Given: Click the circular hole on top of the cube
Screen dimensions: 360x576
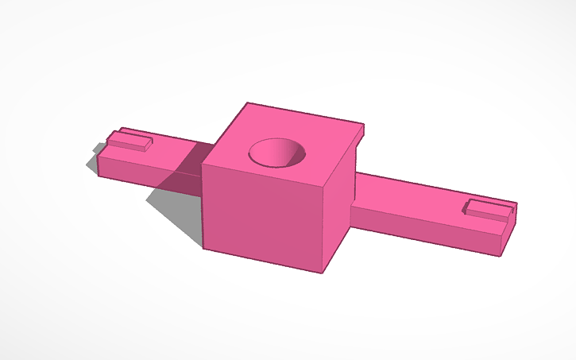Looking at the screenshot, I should (x=276, y=151).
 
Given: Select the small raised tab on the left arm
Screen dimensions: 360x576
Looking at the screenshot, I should (x=130, y=141).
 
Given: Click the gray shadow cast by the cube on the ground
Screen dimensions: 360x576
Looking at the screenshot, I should (x=179, y=211).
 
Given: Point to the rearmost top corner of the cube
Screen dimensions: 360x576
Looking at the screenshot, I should (x=248, y=103).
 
